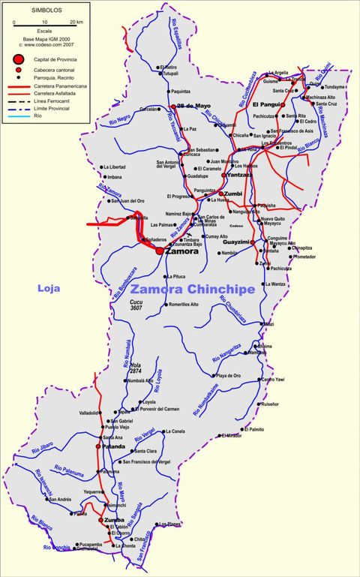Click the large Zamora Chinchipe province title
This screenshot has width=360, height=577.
click(192, 289)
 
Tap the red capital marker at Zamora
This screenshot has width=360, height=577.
click(160, 251)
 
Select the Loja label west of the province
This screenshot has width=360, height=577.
click(49, 287)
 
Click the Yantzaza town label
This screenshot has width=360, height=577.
click(240, 175)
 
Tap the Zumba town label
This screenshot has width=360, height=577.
click(115, 520)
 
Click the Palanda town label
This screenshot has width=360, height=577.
click(114, 446)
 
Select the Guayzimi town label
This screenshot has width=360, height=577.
click(237, 242)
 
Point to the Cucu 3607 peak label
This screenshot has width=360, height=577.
click(136, 304)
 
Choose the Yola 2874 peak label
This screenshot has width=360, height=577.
click(135, 368)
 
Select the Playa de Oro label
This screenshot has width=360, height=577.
click(228, 375)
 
